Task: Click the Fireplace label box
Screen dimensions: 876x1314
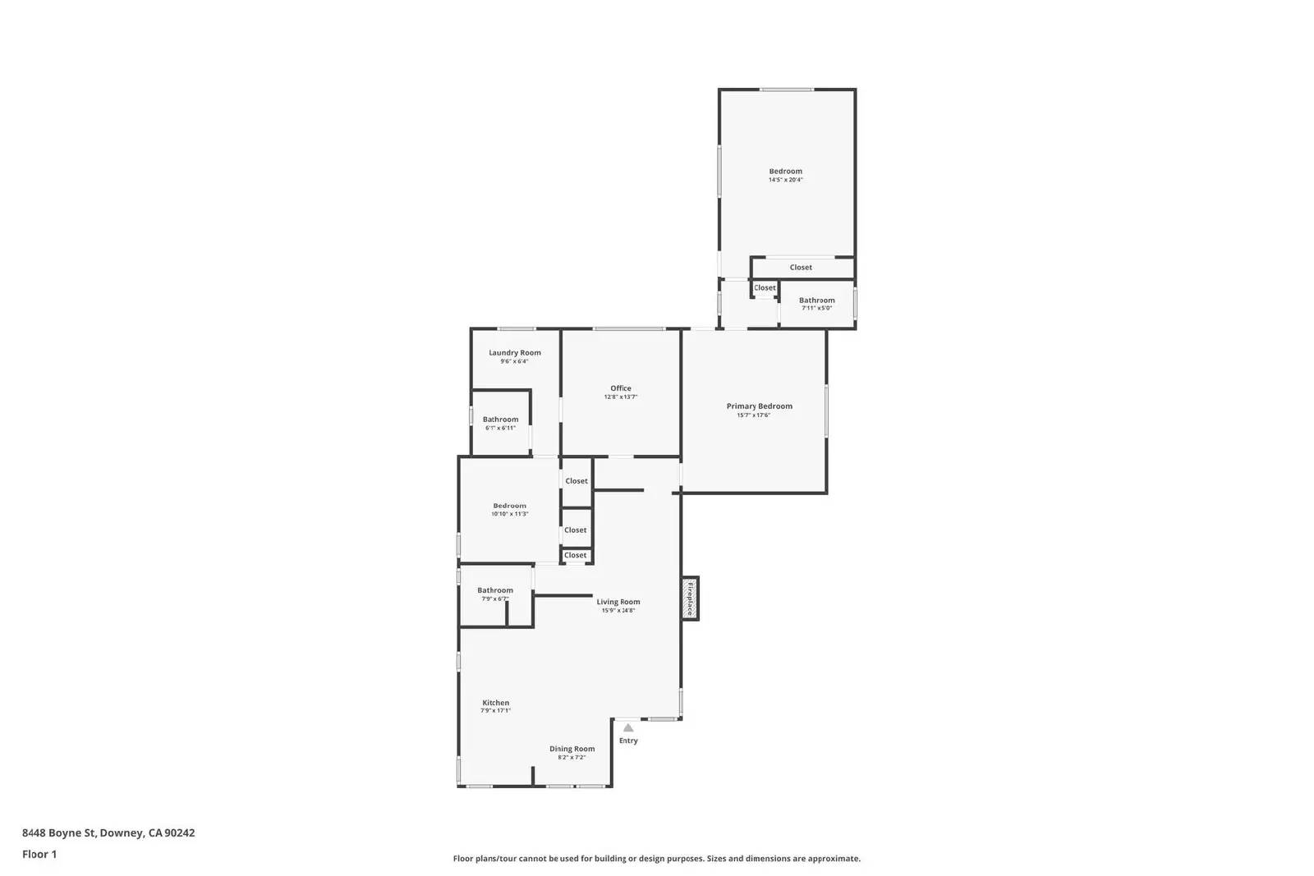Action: pos(690,599)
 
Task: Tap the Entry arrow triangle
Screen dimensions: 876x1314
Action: pos(628,727)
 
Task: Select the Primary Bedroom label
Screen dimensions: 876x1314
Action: pos(759,406)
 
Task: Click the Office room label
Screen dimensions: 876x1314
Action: pos(621,388)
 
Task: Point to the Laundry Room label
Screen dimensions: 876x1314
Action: pos(515,353)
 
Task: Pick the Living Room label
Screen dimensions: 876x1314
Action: pos(618,602)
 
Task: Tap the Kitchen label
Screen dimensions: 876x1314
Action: pos(496,703)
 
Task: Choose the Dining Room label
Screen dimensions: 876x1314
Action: pos(572,749)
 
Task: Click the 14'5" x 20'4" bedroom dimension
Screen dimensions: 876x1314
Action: pos(786,180)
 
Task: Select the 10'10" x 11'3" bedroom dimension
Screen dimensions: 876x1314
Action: pos(509,514)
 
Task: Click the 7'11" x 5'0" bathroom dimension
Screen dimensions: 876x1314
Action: pos(816,308)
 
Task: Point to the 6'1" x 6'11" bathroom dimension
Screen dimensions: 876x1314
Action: pos(500,428)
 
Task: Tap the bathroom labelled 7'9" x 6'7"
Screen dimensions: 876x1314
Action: pos(495,590)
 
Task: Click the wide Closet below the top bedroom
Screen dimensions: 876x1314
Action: pos(801,268)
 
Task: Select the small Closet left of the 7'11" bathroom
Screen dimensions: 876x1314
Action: pos(765,288)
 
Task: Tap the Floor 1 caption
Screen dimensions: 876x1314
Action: pos(39,854)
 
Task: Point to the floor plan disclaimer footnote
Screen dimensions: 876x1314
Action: pos(657,859)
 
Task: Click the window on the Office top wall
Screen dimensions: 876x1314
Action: pos(629,329)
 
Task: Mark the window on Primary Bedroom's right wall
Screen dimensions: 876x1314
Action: pos(826,410)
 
